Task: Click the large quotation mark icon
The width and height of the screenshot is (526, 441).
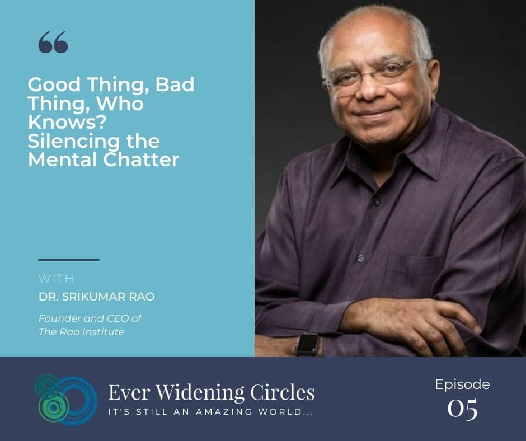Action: (x=53, y=43)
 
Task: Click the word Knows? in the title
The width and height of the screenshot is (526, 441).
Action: (x=67, y=122)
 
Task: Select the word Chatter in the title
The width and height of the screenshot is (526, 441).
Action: (x=141, y=159)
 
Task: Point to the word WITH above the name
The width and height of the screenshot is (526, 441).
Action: (x=56, y=278)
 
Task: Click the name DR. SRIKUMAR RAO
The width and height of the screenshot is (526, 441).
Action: (x=97, y=297)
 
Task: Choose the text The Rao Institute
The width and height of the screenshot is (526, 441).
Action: (x=82, y=331)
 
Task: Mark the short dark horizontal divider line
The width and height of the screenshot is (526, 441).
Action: (x=69, y=260)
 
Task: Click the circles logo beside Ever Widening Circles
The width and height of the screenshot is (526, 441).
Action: (x=66, y=399)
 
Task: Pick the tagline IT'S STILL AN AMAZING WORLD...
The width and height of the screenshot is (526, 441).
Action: (x=210, y=412)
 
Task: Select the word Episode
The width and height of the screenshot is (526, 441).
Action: (x=462, y=384)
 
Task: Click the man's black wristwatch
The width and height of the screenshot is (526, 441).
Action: (x=307, y=345)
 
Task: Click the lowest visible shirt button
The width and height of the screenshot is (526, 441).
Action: (x=361, y=258)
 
